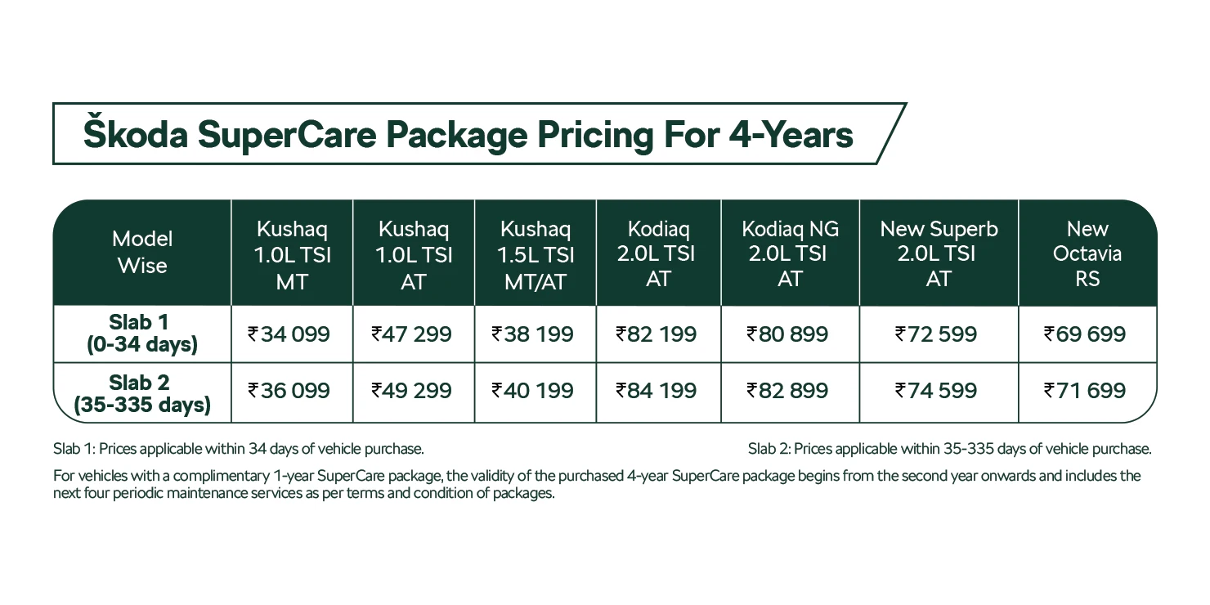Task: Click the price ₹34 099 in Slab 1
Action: coord(289,334)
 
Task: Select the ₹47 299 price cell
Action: coord(412,334)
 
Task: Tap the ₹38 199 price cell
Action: coord(533,334)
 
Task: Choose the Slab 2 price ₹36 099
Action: coord(289,391)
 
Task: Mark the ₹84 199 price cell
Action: coord(657,391)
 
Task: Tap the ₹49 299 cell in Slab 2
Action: coord(412,391)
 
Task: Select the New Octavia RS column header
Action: coord(1087,253)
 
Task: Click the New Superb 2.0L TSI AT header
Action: coord(939,253)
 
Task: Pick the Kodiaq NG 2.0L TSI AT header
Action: coord(790,253)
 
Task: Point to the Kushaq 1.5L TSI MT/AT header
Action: coord(536,254)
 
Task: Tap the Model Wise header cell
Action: coord(142,253)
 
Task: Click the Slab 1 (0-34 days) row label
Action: coord(142,334)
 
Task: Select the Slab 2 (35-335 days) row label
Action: coord(142,393)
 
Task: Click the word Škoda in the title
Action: coord(135,135)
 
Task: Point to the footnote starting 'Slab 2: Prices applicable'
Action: coord(949,449)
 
